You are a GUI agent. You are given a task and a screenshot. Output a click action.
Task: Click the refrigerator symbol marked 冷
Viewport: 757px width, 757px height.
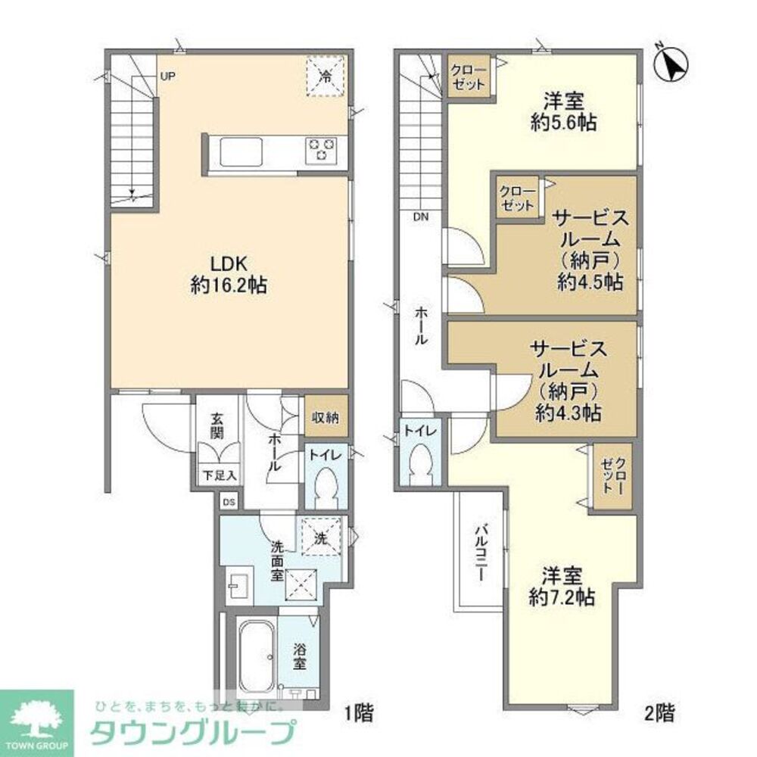click(325, 77)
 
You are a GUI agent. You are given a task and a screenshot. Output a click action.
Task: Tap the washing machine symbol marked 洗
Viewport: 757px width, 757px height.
click(320, 537)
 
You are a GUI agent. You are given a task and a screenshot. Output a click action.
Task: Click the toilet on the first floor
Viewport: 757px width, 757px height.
click(327, 488)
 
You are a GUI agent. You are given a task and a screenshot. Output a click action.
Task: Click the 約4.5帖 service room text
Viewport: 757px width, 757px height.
click(590, 282)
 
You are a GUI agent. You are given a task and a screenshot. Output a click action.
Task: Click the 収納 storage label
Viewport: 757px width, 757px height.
click(326, 417)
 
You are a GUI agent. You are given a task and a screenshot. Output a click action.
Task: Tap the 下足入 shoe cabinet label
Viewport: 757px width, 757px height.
click(219, 476)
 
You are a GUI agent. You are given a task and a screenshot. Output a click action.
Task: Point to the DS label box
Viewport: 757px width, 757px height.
click(229, 502)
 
